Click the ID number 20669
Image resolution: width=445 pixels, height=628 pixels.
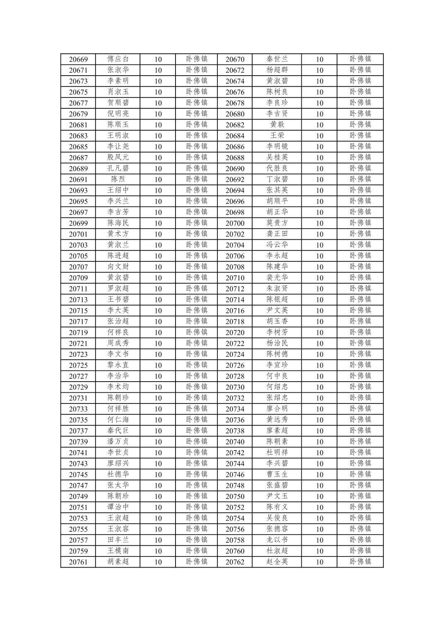coord(78,59)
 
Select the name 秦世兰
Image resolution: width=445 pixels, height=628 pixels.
coord(277,59)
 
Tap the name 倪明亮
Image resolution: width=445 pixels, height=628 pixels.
coord(118,114)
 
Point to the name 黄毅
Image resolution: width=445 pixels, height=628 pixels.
coord(277,124)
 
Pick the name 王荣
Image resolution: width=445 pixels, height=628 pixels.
coord(277,136)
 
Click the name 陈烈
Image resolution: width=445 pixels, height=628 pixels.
coord(118,179)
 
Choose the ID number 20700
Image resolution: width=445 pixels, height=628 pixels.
coord(235,223)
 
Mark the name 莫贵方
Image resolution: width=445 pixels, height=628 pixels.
coord(277,223)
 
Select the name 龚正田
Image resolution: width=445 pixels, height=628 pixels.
coord(277,234)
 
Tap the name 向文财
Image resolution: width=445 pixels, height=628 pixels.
coord(118,267)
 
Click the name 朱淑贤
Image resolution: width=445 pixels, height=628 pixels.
coord(277,289)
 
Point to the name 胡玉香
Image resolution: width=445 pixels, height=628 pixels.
coord(277,321)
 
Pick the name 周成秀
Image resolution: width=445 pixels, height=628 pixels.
coord(118,343)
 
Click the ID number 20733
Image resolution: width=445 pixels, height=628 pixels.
coord(78,409)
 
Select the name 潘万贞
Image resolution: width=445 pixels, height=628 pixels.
coord(118,442)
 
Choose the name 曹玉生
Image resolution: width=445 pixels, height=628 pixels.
coord(277,474)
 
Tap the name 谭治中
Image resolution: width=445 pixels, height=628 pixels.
coord(118,507)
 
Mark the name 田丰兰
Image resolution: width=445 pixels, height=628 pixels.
coord(118,540)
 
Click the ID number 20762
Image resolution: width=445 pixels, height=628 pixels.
coord(235,562)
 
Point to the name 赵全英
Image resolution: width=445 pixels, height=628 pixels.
coord(277,562)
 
